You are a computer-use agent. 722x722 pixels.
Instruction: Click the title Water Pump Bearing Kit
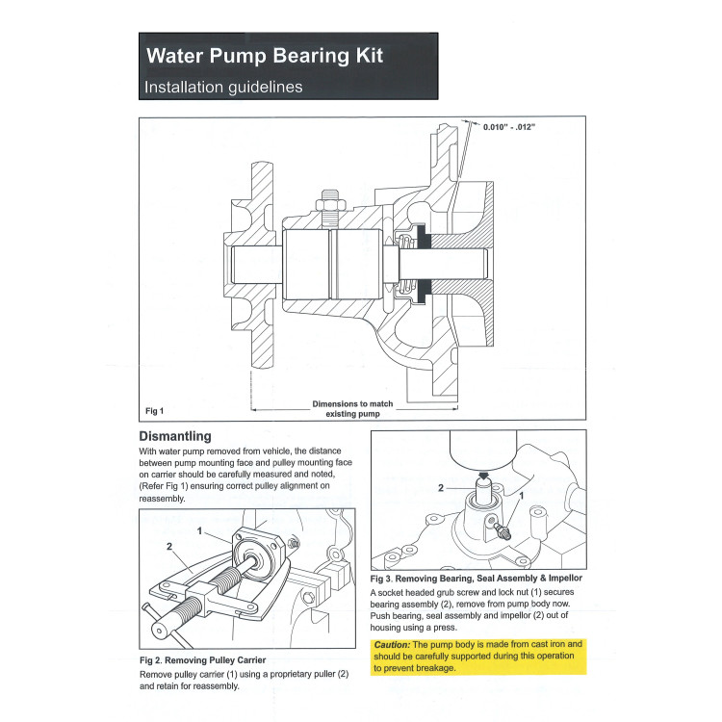tap(264, 55)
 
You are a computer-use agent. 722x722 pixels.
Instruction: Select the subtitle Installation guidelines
tap(223, 87)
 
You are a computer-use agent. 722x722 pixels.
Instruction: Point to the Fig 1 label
tap(155, 411)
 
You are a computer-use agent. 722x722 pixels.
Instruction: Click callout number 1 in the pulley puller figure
tap(199, 530)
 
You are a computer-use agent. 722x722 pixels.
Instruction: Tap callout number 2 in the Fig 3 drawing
tap(441, 488)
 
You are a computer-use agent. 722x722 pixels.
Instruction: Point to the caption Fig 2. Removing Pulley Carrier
tap(202, 659)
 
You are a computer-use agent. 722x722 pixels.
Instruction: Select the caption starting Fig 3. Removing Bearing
tap(476, 578)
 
